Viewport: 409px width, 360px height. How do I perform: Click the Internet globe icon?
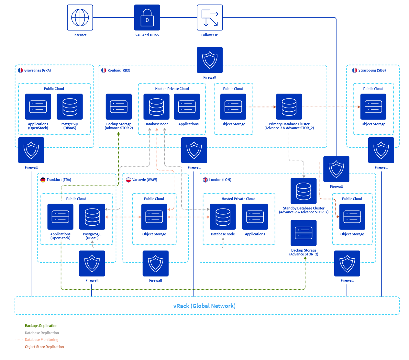80,17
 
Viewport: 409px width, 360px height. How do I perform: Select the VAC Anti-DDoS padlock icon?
147,17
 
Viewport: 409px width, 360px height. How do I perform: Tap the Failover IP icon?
210,17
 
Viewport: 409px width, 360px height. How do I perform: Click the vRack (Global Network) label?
204,306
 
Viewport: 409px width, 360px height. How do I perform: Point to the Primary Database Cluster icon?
289,107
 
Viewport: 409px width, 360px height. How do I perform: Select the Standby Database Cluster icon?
304,191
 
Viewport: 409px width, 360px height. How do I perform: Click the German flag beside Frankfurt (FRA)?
43,180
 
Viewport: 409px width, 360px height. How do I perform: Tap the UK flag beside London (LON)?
205,180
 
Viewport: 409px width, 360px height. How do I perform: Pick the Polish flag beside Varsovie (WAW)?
128,180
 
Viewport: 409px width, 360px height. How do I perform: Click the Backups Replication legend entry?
41,326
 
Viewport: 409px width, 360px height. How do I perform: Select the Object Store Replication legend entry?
44,347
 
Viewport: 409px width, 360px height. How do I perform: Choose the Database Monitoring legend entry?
41,340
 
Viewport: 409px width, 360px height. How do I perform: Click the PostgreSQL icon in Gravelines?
70,107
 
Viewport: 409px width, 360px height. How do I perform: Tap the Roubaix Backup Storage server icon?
119,107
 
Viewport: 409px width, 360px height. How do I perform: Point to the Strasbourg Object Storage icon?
373,107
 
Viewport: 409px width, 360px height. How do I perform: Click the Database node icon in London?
223,217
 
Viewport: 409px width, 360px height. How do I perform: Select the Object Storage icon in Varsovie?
154,217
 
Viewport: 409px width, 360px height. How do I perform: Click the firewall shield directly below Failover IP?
210,60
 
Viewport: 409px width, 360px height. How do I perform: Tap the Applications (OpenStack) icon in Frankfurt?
60,217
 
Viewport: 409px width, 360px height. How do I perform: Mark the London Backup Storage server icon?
304,233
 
